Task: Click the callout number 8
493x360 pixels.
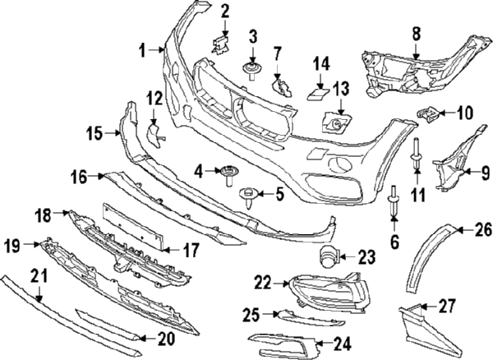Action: pyautogui.click(x=416, y=34)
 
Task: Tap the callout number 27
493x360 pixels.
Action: pyautogui.click(x=447, y=307)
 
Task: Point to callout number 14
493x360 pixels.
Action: pyautogui.click(x=320, y=62)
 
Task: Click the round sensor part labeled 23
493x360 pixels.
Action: pyautogui.click(x=329, y=256)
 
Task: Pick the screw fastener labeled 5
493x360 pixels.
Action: pyautogui.click(x=245, y=196)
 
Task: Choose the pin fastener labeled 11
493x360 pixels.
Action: pyautogui.click(x=417, y=159)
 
